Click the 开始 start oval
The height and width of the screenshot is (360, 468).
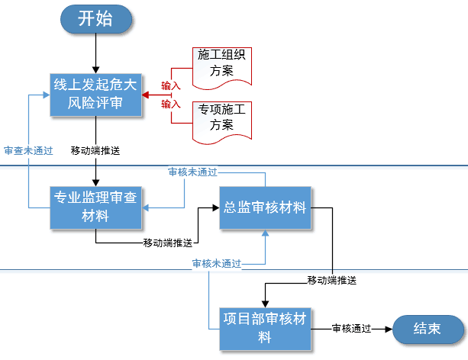(x=95, y=19)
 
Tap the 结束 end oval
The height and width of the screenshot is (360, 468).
(x=427, y=329)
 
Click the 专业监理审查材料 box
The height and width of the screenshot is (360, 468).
(x=96, y=207)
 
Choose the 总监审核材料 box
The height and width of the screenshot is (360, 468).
(x=266, y=207)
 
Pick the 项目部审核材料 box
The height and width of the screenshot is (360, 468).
(x=265, y=329)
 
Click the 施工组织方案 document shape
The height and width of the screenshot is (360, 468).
(x=221, y=64)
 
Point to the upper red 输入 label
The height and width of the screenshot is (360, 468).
(x=170, y=85)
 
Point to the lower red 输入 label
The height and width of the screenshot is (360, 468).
(x=170, y=104)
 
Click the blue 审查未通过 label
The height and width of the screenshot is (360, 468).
(x=28, y=150)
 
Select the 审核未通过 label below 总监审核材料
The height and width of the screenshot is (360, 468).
(x=217, y=264)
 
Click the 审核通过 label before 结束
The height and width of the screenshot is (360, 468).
(x=351, y=329)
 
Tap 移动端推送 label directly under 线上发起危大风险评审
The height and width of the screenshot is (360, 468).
(x=95, y=150)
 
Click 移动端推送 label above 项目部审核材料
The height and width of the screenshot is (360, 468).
(x=332, y=280)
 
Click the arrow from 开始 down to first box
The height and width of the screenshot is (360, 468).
(x=95, y=52)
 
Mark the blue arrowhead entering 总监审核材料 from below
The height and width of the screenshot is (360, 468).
(x=266, y=234)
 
